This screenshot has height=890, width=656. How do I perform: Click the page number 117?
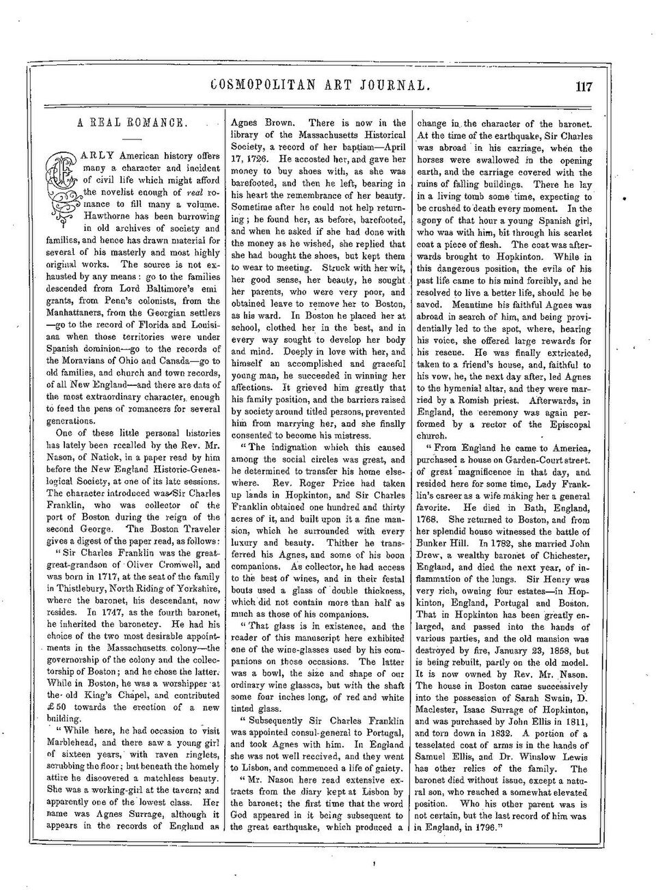(584, 87)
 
